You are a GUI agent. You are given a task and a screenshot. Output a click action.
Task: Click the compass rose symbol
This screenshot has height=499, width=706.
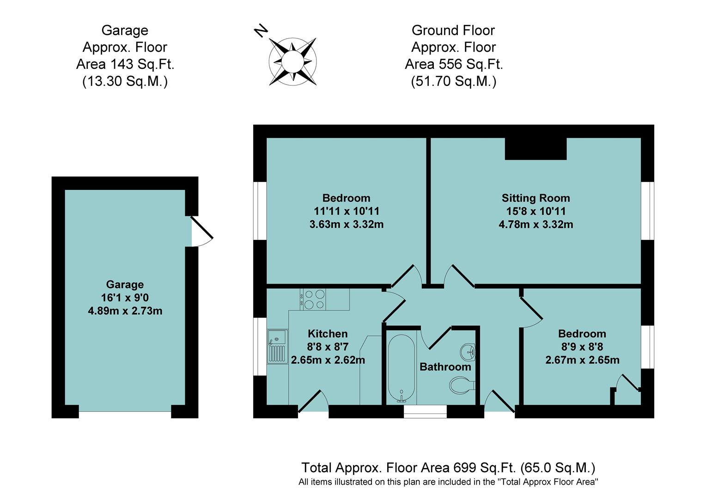coord(292,61)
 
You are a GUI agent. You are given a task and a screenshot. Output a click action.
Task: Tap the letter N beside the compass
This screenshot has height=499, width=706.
coord(261,30)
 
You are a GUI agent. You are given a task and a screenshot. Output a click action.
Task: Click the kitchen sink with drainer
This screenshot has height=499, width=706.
coord(277,346)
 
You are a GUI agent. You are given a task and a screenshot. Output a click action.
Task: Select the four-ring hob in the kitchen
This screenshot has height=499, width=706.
coord(314,299)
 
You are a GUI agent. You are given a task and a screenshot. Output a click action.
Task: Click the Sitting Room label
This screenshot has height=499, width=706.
coord(536,198)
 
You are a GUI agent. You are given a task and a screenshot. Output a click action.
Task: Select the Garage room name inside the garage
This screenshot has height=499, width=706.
coord(125,285)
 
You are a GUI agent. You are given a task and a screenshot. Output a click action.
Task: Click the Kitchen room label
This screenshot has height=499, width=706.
coord(328,334)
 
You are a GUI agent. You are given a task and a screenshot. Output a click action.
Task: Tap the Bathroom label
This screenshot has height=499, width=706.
coord(445,367)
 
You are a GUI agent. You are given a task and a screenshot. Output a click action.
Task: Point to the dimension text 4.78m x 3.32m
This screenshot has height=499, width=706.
coord(536,225)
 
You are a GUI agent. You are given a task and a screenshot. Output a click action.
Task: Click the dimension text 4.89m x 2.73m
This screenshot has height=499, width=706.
coord(125,311)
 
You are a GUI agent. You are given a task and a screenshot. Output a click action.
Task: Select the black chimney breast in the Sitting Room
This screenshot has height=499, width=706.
coord(536,149)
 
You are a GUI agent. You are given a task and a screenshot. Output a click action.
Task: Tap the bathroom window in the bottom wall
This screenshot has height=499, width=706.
coord(425,412)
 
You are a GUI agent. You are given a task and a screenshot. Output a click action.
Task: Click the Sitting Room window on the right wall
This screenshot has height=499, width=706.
coord(648,211)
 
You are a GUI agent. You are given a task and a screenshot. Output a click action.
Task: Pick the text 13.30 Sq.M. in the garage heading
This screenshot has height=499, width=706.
coord(125,81)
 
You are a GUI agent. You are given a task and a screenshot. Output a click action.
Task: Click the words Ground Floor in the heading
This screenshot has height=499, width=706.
coord(453,30)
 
